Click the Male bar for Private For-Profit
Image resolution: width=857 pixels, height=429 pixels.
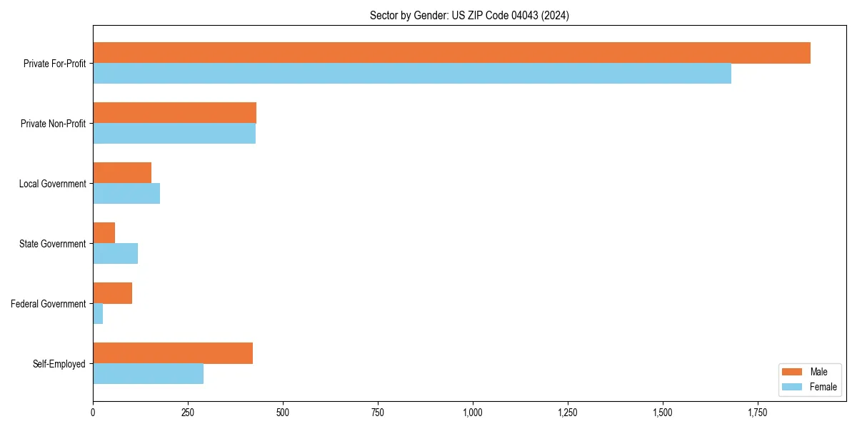[451, 53]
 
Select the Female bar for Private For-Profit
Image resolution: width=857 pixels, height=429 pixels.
[412, 74]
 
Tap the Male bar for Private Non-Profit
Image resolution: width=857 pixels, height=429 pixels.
[174, 113]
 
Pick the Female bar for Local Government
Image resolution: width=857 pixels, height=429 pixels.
[126, 194]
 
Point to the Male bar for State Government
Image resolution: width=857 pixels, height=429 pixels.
[104, 233]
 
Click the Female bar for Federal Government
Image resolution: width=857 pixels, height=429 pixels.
[98, 314]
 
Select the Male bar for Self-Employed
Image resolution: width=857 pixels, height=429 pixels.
[173, 353]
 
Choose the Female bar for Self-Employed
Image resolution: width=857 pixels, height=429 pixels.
[148, 374]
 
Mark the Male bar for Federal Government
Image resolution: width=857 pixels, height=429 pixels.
[112, 293]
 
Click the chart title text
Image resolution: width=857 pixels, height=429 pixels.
[469, 15]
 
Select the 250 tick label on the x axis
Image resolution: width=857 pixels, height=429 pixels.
[188, 413]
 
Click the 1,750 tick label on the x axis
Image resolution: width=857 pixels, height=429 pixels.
[758, 413]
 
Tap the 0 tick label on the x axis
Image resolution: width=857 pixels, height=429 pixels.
[93, 413]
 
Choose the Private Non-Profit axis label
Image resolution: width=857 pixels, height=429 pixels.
[53, 124]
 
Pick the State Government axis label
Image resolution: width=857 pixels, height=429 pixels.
[52, 244]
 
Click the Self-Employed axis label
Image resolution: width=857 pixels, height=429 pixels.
[59, 364]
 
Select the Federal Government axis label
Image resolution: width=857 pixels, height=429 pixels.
[49, 304]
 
